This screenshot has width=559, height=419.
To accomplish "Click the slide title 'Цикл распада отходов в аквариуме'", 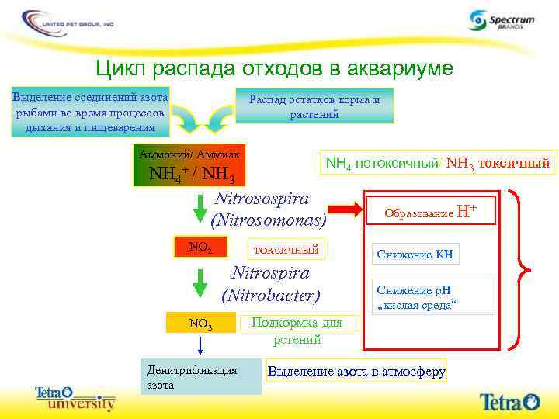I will pyautogui.click(x=273, y=69).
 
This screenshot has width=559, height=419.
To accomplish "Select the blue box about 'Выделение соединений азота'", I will pyautogui.click(x=90, y=113).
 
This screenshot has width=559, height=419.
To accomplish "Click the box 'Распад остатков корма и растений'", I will pyautogui.click(x=314, y=106).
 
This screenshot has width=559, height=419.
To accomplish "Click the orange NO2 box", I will pyautogui.click(x=201, y=248).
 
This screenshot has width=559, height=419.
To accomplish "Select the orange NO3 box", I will pyautogui.click(x=200, y=323).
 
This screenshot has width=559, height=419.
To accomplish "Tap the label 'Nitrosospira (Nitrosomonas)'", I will pyautogui.click(x=269, y=209).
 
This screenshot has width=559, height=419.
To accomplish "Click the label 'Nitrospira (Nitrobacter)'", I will pyautogui.click(x=271, y=284).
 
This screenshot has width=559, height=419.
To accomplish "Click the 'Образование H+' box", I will pyautogui.click(x=430, y=211).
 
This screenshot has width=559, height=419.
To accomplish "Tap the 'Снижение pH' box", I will pyautogui.click(x=432, y=296).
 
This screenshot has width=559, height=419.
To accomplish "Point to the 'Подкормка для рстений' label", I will pyautogui.click(x=293, y=331).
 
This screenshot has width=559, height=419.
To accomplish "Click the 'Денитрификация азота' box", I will pyautogui.click(x=200, y=376).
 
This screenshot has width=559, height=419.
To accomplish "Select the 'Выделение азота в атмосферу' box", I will pyautogui.click(x=356, y=372).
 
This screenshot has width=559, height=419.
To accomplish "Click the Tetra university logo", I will pyautogui.click(x=74, y=399).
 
